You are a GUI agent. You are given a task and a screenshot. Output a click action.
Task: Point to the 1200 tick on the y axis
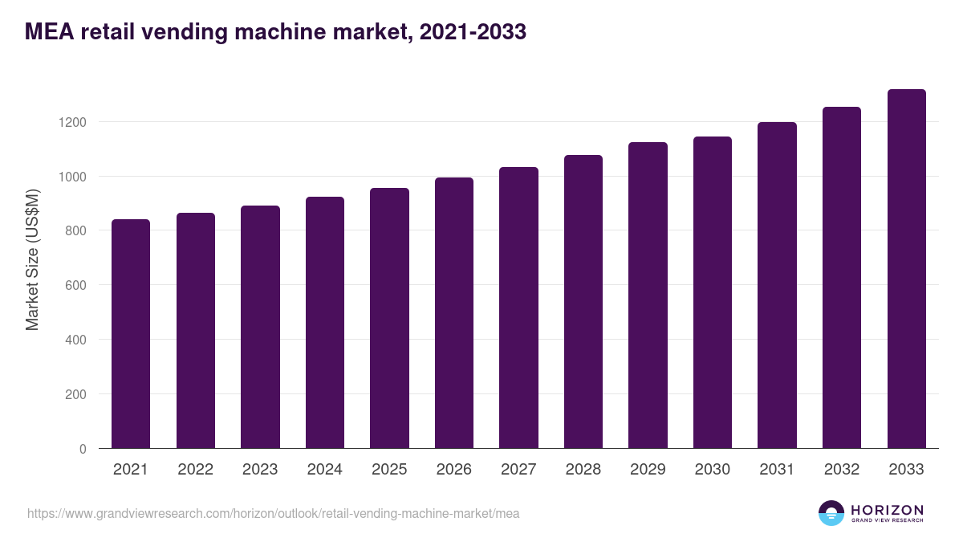[x=71, y=122]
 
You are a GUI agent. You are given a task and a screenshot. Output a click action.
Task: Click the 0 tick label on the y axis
[x=83, y=449]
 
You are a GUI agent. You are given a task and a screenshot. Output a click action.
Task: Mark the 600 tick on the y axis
[x=75, y=285]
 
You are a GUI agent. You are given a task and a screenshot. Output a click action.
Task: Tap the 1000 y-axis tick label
[x=71, y=177]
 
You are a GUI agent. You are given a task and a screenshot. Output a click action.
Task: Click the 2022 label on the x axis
[x=196, y=470]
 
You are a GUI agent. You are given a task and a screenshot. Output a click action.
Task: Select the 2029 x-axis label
[x=648, y=470]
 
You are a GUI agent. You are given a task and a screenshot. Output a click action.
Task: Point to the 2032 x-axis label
[x=842, y=470]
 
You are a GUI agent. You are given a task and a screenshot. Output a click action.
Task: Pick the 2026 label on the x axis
[x=454, y=470]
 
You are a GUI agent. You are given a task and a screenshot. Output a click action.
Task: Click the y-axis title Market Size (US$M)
[x=32, y=259]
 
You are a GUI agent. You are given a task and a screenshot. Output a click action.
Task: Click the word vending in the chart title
[x=173, y=31]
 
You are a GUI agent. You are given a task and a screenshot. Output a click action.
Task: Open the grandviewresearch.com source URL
[x=274, y=513]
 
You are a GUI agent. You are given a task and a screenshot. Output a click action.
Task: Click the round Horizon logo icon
[x=831, y=513]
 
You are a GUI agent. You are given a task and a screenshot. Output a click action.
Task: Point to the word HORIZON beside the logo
[x=887, y=509]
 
